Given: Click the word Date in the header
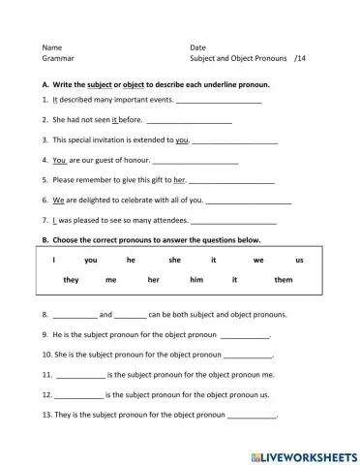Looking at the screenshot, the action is [198, 46].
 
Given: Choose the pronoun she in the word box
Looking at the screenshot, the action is [174, 261].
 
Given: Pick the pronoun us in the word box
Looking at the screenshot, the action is [299, 261].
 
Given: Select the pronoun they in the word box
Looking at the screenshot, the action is [71, 280].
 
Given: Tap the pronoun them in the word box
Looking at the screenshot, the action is [283, 280].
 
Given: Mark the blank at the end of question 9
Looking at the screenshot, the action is [245, 336].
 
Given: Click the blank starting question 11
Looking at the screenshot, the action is [80, 375].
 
